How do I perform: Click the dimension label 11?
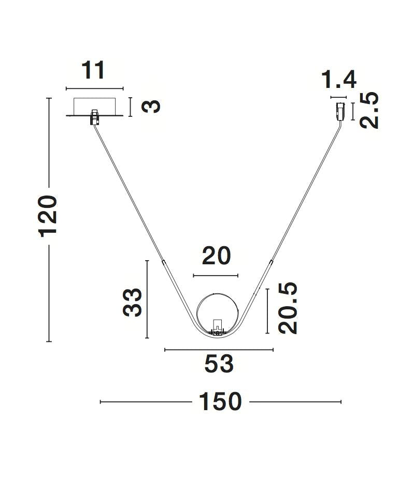[x=94, y=70]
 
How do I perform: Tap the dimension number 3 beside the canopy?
[x=151, y=107]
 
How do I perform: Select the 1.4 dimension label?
[x=339, y=80]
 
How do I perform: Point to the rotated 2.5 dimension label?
[x=370, y=111]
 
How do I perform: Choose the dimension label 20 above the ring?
[x=216, y=256]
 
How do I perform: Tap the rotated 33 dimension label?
[x=133, y=302]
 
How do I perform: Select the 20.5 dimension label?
[x=288, y=308]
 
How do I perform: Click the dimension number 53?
[x=219, y=365]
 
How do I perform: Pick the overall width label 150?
[x=220, y=402]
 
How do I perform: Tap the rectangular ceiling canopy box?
[x=95, y=107]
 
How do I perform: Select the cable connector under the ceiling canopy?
[x=94, y=117]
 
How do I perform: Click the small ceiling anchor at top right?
[x=340, y=112]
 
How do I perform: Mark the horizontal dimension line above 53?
[x=219, y=350]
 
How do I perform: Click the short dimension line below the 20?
[x=216, y=276]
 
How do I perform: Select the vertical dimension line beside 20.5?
[x=267, y=311]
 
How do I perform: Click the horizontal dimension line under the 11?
[x=95, y=88]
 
